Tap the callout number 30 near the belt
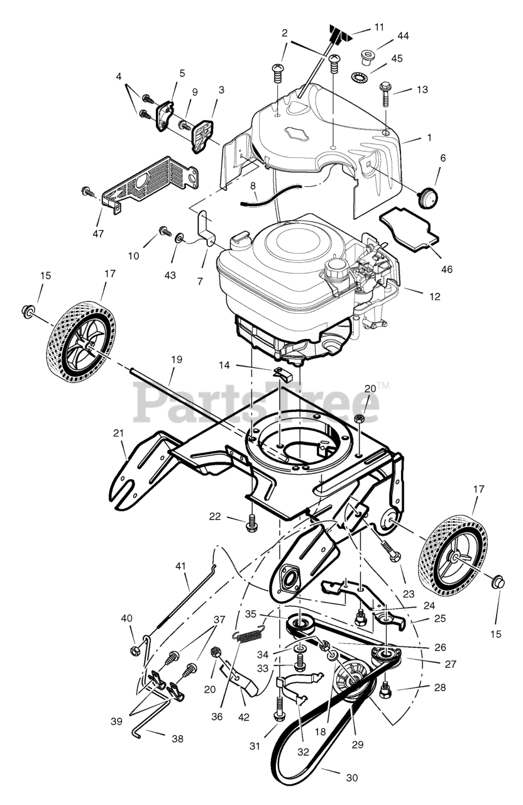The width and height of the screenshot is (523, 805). [351, 778]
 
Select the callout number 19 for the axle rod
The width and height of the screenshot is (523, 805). [176, 359]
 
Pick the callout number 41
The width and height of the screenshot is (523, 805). [181, 566]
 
